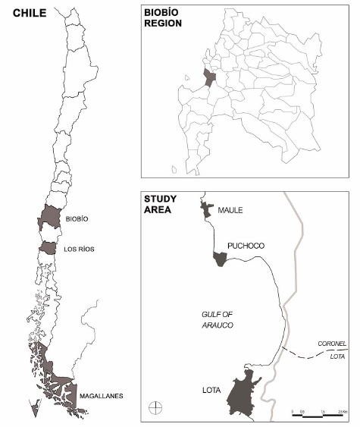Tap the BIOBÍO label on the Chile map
(89, 218)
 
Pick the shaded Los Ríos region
(49, 248)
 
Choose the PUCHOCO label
(244, 246)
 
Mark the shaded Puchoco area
(220, 259)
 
